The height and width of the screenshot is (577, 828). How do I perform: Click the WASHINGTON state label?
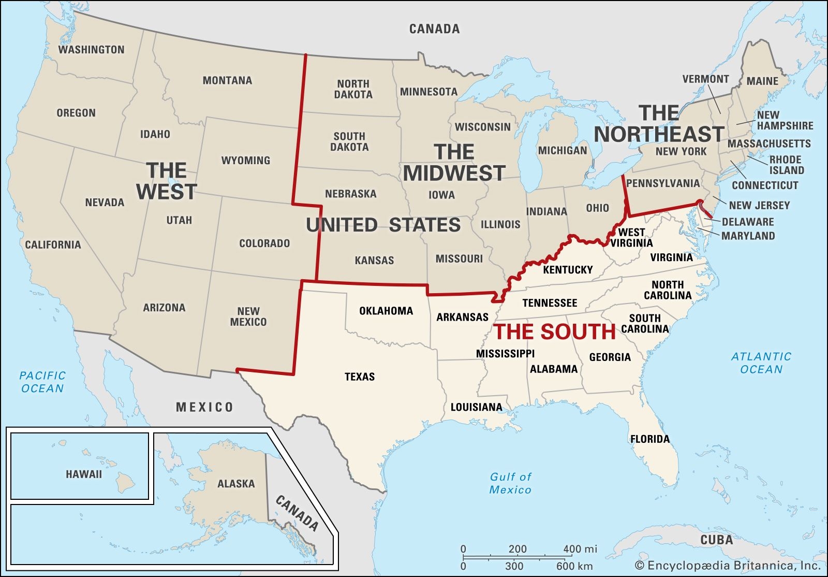pyautogui.click(x=91, y=50)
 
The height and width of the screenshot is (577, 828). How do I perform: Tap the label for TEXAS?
pyautogui.click(x=360, y=377)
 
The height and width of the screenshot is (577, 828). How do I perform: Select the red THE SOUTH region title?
pyautogui.click(x=555, y=332)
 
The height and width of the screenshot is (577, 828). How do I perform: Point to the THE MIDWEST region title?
pyautogui.click(x=454, y=163)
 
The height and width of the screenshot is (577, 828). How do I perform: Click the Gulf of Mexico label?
pyautogui.click(x=510, y=483)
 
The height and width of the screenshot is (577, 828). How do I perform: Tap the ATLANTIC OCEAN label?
pyautogui.click(x=761, y=363)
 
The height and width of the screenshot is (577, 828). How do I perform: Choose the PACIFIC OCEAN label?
pyautogui.click(x=42, y=382)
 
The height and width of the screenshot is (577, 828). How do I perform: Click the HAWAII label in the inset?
pyautogui.click(x=84, y=474)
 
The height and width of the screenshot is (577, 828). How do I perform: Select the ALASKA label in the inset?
pyautogui.click(x=236, y=484)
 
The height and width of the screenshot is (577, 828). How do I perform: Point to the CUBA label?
pyautogui.click(x=716, y=540)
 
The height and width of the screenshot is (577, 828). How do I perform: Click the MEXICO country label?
pyautogui.click(x=204, y=408)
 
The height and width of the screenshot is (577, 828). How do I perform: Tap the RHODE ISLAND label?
pyautogui.click(x=786, y=165)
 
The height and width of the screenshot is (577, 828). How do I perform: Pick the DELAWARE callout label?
pyautogui.click(x=748, y=222)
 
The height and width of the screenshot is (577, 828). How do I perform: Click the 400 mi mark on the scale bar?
pyautogui.click(x=579, y=549)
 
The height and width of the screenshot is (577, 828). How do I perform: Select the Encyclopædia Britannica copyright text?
pyautogui.click(x=728, y=566)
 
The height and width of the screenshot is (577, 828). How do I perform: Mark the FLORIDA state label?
pyautogui.click(x=650, y=439)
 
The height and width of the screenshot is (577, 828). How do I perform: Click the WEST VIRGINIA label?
pyautogui.click(x=631, y=237)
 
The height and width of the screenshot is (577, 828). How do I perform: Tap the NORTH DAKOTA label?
pyautogui.click(x=353, y=89)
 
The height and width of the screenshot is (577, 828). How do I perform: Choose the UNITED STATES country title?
pyautogui.click(x=383, y=225)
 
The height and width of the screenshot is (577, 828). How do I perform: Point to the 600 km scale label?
pyautogui.click(x=574, y=566)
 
